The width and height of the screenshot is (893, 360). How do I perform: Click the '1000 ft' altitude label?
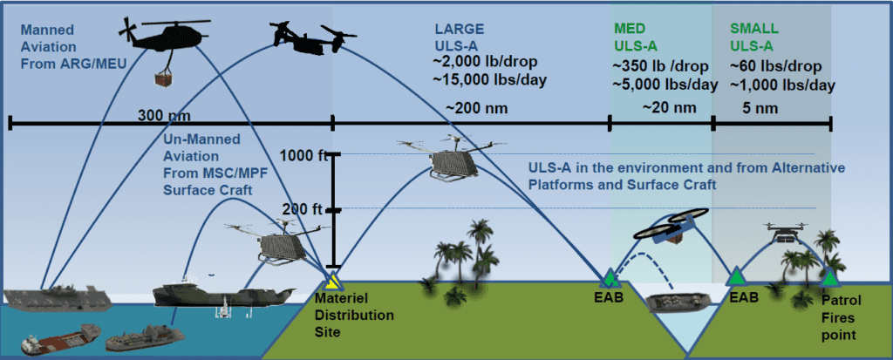click(x=303, y=155)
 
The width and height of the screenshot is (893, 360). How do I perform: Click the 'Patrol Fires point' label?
click(x=846, y=315)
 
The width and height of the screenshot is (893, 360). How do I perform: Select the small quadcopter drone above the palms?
click(x=786, y=232)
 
